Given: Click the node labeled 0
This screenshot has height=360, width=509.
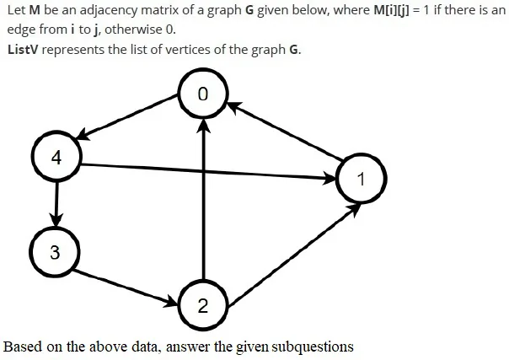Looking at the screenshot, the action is click(x=203, y=94).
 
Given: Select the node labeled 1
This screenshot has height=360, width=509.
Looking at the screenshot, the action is click(x=361, y=178).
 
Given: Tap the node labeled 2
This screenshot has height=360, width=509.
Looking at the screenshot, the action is click(x=203, y=305).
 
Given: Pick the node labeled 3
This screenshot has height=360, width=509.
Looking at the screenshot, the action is click(x=55, y=252).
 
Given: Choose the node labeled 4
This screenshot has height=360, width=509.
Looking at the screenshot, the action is click(x=56, y=157).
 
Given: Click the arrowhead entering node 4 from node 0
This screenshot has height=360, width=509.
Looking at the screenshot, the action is click(x=83, y=135).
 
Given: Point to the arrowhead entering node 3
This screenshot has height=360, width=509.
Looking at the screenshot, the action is click(x=56, y=220).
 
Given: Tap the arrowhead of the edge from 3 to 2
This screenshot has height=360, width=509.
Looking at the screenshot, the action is click(x=172, y=302).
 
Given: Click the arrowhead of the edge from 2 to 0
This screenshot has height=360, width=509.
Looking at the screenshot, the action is click(x=203, y=126).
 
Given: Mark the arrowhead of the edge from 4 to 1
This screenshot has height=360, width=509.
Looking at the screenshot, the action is click(x=329, y=178).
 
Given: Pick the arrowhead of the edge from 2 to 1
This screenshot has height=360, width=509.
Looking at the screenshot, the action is click(x=355, y=209).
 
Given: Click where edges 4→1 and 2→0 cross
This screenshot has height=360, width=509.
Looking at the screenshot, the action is click(x=203, y=171).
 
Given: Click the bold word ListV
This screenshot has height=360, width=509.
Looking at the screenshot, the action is click(x=23, y=50).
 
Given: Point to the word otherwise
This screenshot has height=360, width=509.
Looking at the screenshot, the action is click(x=134, y=30).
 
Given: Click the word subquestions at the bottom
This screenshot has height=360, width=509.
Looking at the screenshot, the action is click(x=313, y=347).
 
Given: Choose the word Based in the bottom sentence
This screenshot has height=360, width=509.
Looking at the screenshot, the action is click(x=23, y=347).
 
